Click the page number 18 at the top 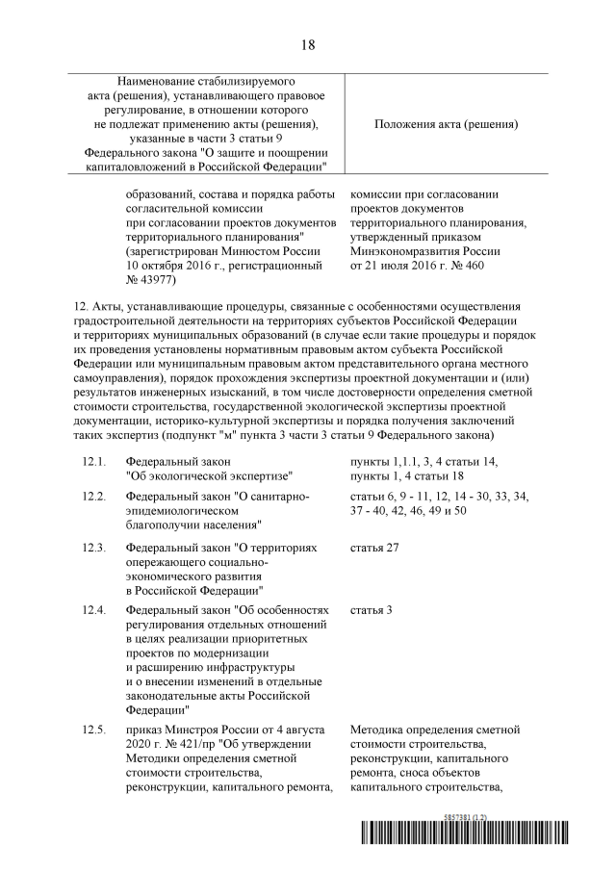308,44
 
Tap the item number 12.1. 93,462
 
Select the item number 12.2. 93,496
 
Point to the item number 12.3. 93,547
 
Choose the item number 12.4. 93,610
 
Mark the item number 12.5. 93,730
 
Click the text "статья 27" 375,547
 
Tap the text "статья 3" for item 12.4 372,610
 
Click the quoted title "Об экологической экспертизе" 209,475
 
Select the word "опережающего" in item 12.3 162,561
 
